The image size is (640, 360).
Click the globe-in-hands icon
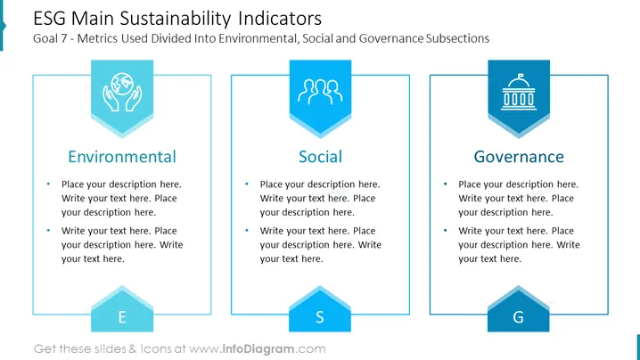[x=122, y=93]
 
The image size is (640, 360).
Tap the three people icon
[x=320, y=92]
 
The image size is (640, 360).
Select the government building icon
[x=519, y=93]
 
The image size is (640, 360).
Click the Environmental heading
[x=122, y=157]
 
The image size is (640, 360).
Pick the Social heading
[x=320, y=157]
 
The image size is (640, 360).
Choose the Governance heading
[x=519, y=157]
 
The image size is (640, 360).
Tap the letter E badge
[x=122, y=309]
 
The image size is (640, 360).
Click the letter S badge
[x=320, y=309]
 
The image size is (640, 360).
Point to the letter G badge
[x=519, y=309]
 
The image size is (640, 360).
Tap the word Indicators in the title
[x=280, y=19]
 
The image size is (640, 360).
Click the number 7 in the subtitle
[x=63, y=38]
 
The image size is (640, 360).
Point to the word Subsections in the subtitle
[x=457, y=38]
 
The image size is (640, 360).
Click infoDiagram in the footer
[x=258, y=349]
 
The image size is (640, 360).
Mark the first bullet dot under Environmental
[x=48, y=184]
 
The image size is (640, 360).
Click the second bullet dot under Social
[x=247, y=231]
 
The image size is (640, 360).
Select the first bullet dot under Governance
[x=445, y=184]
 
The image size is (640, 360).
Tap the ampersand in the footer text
[x=133, y=349]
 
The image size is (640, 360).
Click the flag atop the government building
[x=521, y=76]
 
